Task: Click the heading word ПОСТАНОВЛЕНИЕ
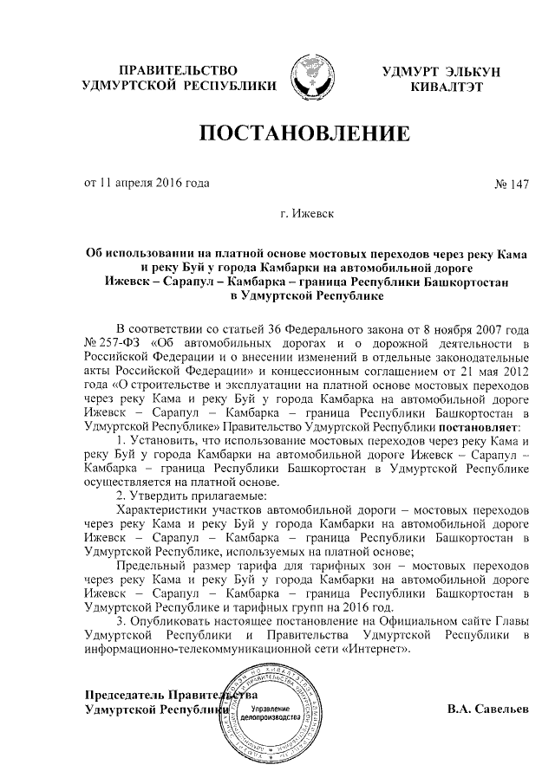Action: point(304,134)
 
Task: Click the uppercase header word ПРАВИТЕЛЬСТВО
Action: point(178,68)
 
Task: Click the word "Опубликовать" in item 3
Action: point(170,620)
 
